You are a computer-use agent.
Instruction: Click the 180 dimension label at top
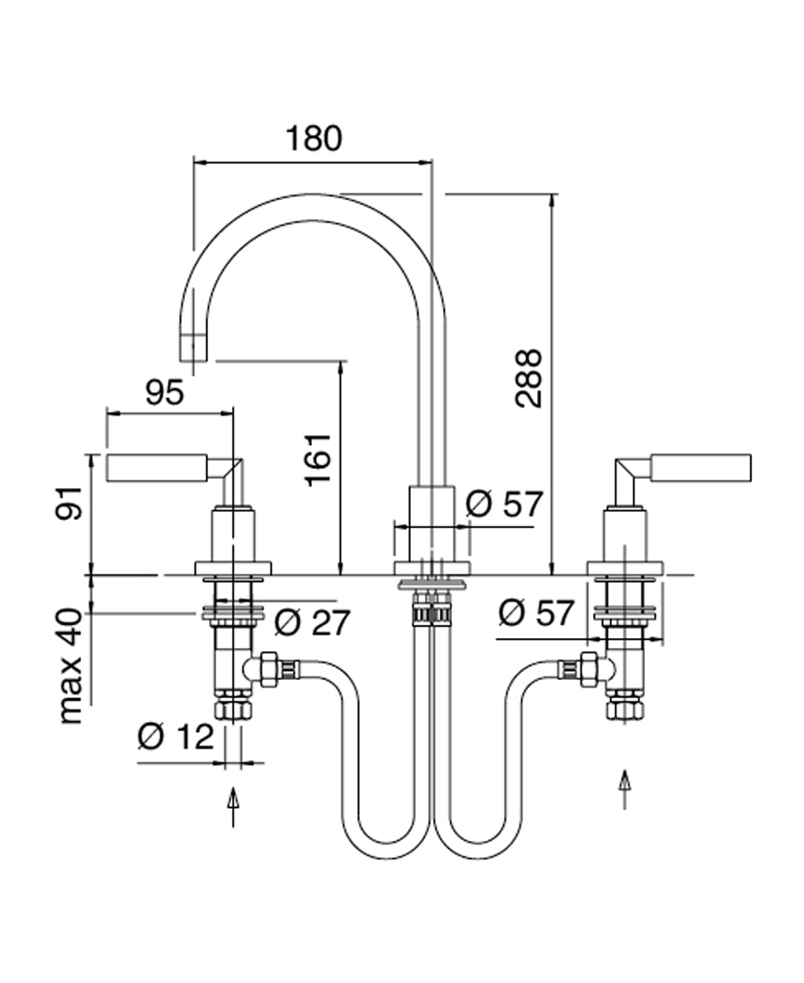[x=314, y=139]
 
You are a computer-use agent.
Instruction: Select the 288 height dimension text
[x=529, y=378]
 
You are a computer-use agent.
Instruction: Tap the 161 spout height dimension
[x=319, y=459]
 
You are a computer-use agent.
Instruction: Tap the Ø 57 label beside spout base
[x=504, y=505]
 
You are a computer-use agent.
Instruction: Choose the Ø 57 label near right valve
[x=535, y=613]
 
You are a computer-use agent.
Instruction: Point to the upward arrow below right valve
[x=624, y=788]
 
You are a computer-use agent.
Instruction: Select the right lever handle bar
[x=700, y=467]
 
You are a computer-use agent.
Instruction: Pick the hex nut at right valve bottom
[x=624, y=710]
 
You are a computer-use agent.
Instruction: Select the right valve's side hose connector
[x=585, y=669]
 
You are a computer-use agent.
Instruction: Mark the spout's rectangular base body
[x=431, y=524]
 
